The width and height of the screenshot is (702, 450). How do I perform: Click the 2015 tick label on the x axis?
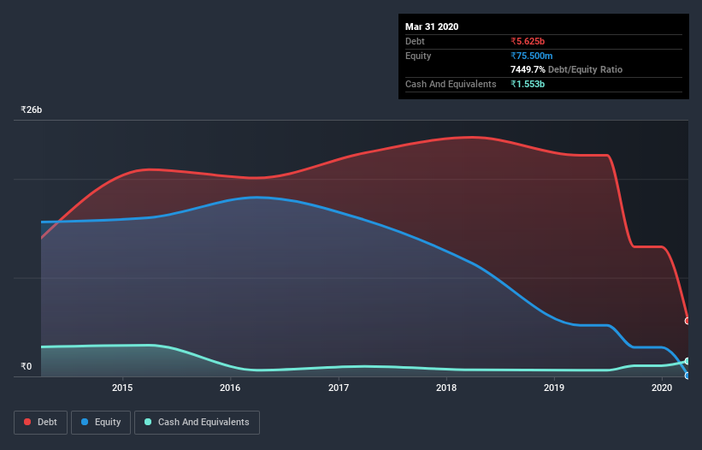[x=122, y=388]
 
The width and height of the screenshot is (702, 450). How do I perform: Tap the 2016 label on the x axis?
[x=230, y=388]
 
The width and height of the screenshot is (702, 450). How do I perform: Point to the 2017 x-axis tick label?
[x=339, y=388]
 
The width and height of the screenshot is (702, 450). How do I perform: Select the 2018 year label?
[x=446, y=388]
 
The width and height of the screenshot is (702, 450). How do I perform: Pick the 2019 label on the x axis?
[x=554, y=388]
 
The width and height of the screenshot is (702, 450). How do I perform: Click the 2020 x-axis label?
[x=662, y=388]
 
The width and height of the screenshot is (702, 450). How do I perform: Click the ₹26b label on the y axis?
[x=32, y=110]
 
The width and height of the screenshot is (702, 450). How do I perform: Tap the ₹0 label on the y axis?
[x=26, y=367]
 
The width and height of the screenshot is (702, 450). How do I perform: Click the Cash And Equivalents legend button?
[x=197, y=422]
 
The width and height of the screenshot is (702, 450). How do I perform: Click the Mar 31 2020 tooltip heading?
[x=432, y=27]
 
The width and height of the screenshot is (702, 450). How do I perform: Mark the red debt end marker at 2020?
[x=687, y=321]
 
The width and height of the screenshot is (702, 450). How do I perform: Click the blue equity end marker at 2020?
[x=687, y=376]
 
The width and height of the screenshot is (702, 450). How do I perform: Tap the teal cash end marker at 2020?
[x=687, y=361]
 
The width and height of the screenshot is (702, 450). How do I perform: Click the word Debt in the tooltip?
[x=416, y=41]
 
